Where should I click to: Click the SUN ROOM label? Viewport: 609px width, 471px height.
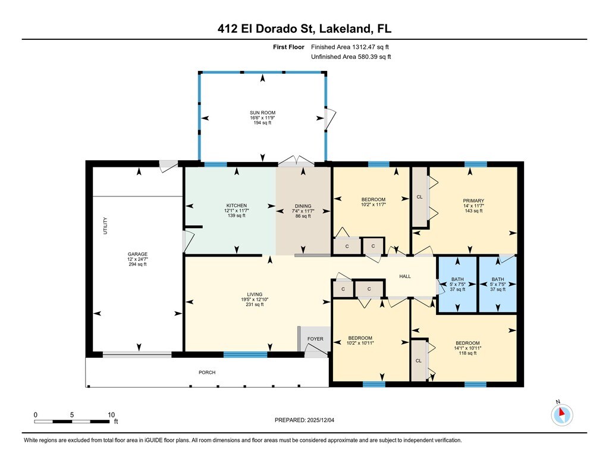pos(262,113)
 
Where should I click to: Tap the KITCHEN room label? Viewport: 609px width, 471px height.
pos(237,205)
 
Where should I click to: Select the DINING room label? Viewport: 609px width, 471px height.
pos(303,206)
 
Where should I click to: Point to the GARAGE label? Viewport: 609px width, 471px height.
pos(137,254)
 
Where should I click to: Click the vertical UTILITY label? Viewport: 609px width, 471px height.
pos(105,226)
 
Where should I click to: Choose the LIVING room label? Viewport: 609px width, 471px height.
pos(255,294)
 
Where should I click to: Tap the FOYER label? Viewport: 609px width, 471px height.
pos(315,339)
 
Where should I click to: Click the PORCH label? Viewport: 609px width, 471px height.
pos(207,372)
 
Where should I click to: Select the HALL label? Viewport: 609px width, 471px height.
pos(405,276)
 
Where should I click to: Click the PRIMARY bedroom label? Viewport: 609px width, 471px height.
pos(473,201)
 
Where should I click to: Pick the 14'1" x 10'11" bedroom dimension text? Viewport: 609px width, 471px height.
pos(467,348)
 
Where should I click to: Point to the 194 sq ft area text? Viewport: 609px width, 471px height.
pos(262,123)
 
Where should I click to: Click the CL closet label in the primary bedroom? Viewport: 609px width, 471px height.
pos(419,197)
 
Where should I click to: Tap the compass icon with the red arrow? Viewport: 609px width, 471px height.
pos(561,414)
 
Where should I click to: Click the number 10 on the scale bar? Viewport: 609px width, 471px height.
pos(111,414)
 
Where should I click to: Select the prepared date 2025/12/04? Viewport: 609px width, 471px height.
pos(321,420)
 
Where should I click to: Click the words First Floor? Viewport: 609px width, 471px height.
pos(288,47)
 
